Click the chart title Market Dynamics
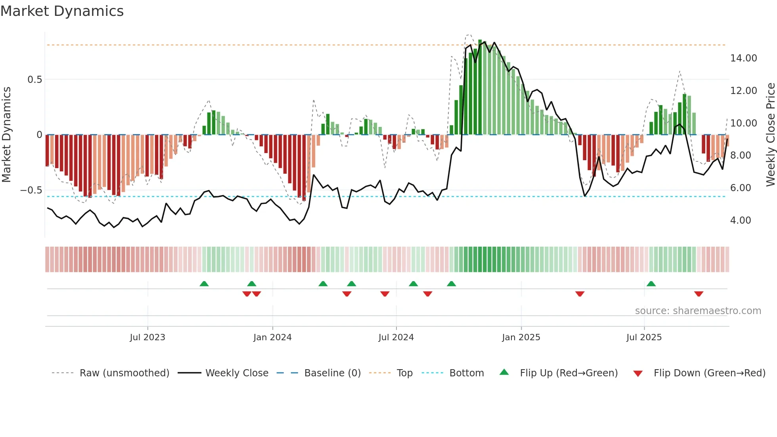[62, 11]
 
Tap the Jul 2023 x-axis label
[147, 337]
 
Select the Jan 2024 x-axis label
[272, 337]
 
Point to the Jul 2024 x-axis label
[396, 337]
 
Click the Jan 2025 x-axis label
[521, 337]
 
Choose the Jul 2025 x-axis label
[644, 337]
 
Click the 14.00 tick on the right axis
[743, 58]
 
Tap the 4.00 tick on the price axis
[741, 220]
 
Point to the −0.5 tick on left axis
[31, 190]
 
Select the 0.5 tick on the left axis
[34, 80]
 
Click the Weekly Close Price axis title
[770, 134]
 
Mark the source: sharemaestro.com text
[698, 311]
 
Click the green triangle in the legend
[504, 372]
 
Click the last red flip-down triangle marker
[699, 294]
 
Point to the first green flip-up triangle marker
[204, 284]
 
